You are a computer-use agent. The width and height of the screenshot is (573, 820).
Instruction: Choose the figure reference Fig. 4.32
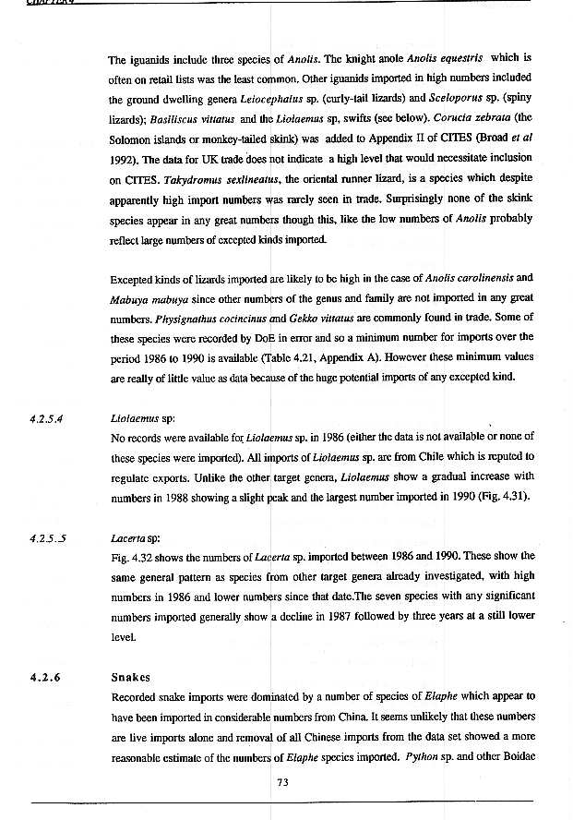coord(131,556)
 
